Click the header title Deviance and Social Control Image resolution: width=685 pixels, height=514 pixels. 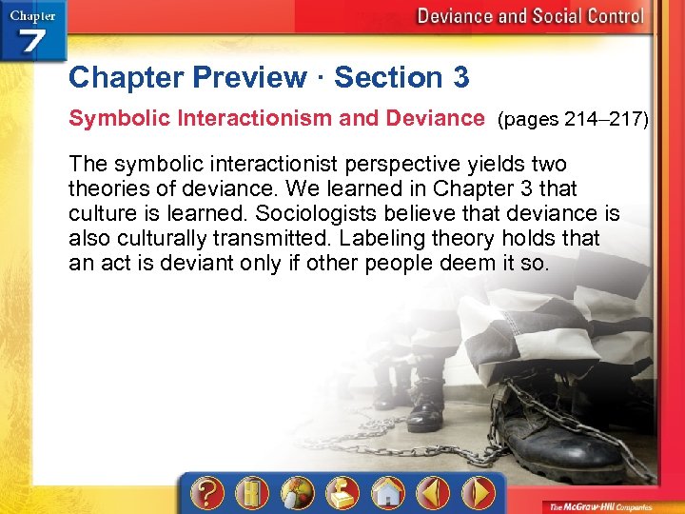[530, 16]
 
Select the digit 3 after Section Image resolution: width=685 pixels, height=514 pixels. [460, 77]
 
